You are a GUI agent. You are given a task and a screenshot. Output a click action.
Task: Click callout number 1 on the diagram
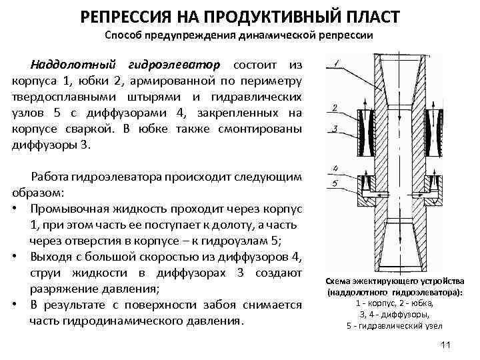[337, 65]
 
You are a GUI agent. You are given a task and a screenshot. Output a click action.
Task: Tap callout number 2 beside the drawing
[333, 107]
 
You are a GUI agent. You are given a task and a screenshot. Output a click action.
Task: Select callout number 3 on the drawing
[333, 126]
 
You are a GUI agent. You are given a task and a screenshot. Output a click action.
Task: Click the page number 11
[446, 345]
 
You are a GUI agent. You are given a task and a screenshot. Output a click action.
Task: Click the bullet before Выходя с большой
[15, 255]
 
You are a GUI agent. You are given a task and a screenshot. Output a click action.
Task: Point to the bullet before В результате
[15, 305]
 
